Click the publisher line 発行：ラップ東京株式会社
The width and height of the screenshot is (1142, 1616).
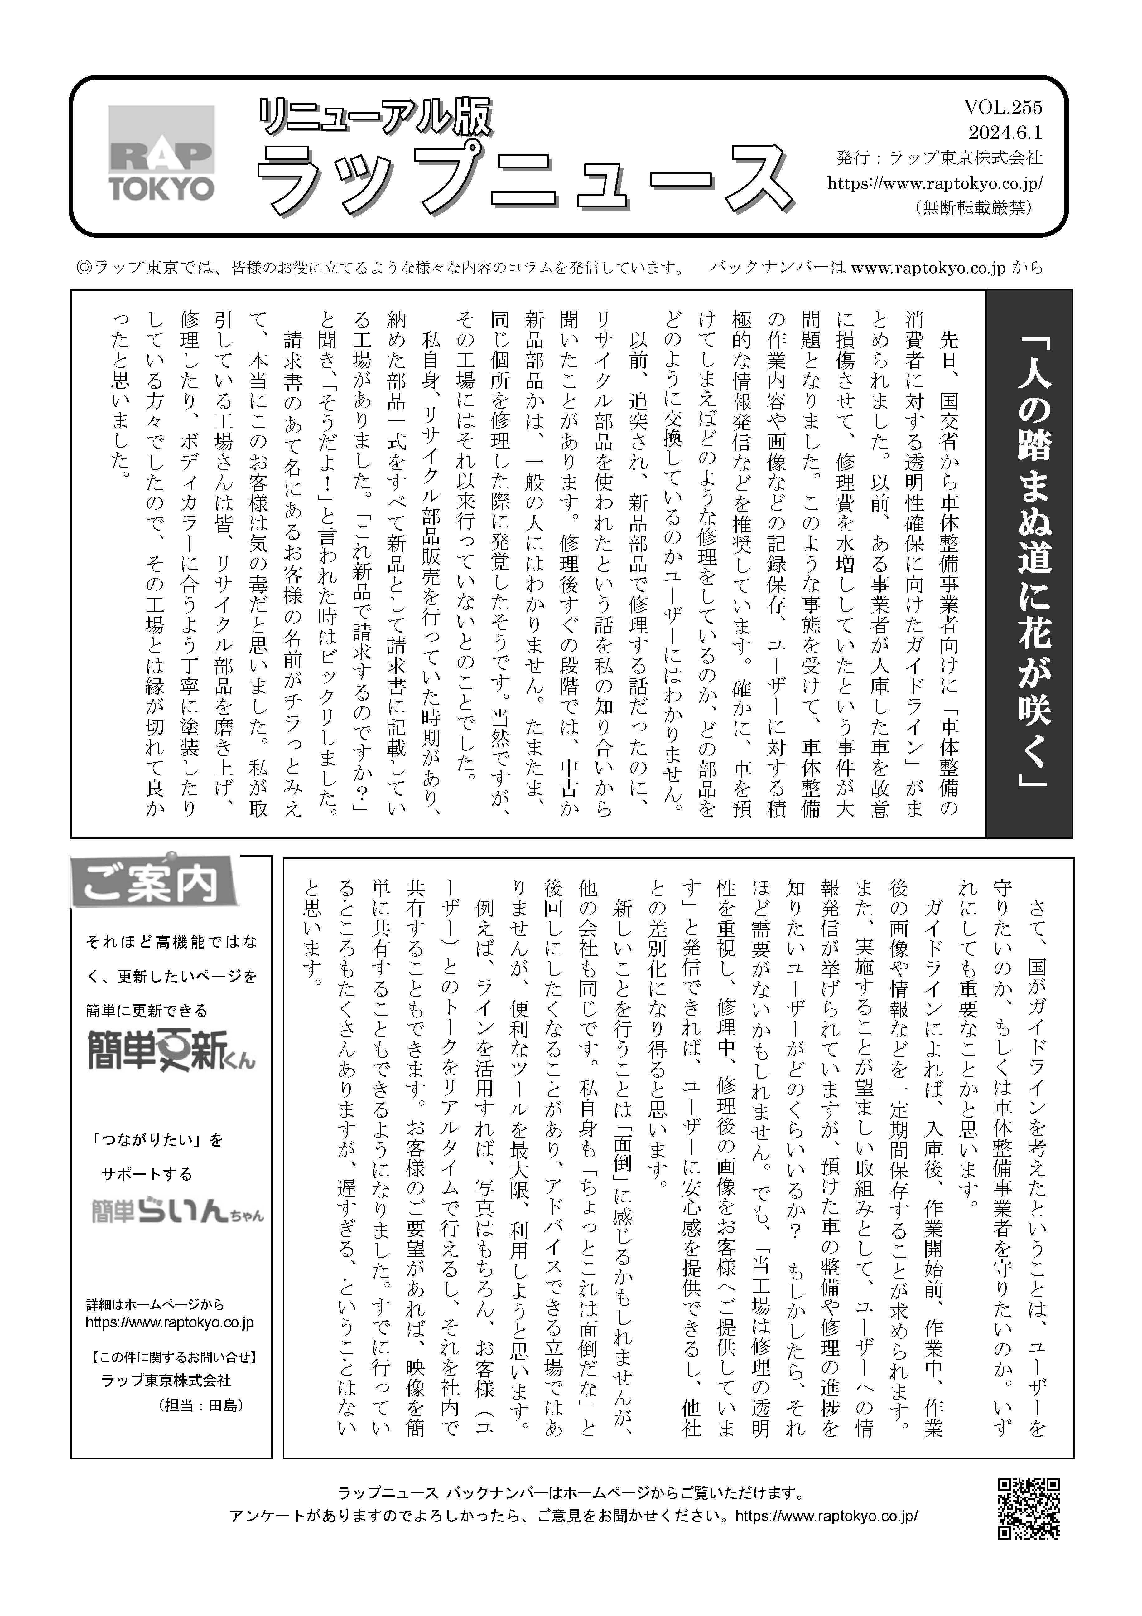click(939, 158)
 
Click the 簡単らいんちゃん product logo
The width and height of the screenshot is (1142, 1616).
click(177, 1208)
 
